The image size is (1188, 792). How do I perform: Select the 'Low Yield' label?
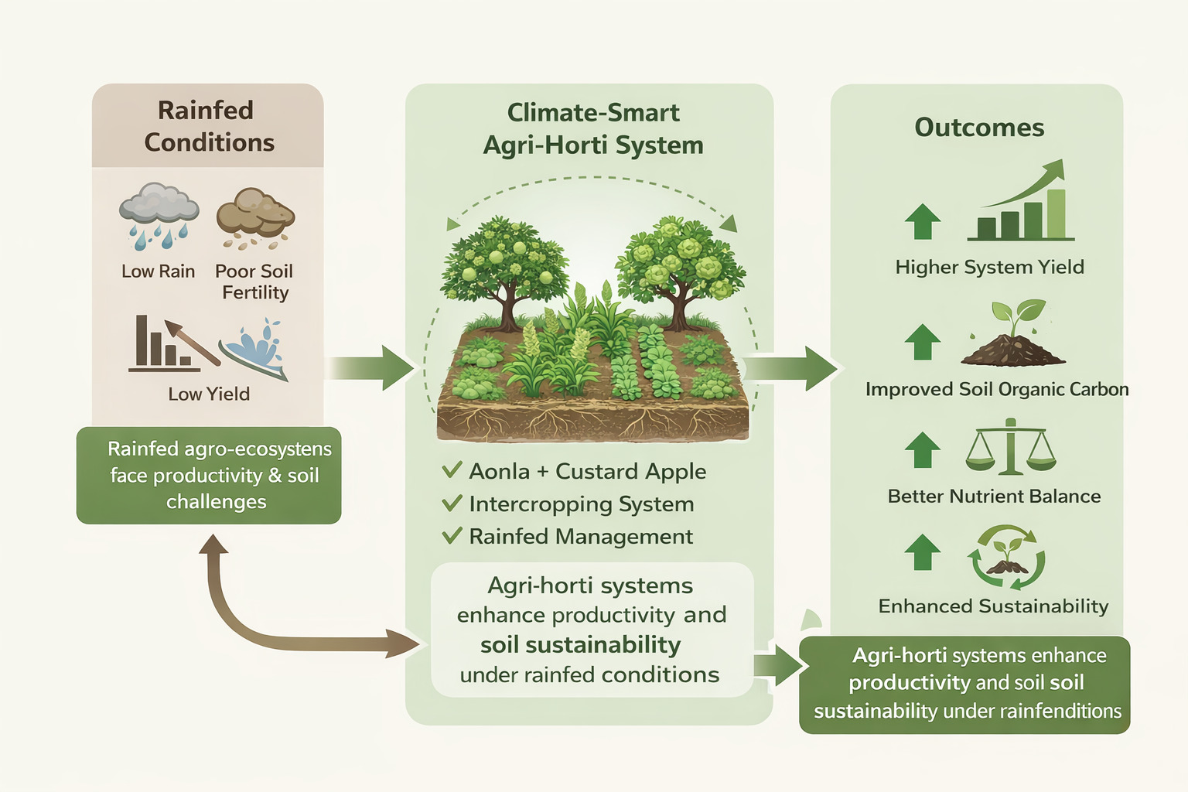[209, 394]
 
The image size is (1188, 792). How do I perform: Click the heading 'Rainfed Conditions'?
[207, 126]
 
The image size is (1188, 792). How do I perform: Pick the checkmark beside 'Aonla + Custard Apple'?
[452, 470]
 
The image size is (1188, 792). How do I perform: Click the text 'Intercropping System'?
[581, 504]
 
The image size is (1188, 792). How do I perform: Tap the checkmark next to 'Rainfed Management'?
[452, 535]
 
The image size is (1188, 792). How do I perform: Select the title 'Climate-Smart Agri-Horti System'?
[593, 128]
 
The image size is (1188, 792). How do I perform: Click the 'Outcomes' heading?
[979, 128]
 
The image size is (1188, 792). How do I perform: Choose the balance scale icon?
[1011, 448]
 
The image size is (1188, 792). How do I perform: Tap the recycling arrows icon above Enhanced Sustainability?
[1006, 558]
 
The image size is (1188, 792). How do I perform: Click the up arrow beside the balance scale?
[922, 449]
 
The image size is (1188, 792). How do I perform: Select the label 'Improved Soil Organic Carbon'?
[996, 389]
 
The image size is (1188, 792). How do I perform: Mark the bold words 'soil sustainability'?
[580, 644]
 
